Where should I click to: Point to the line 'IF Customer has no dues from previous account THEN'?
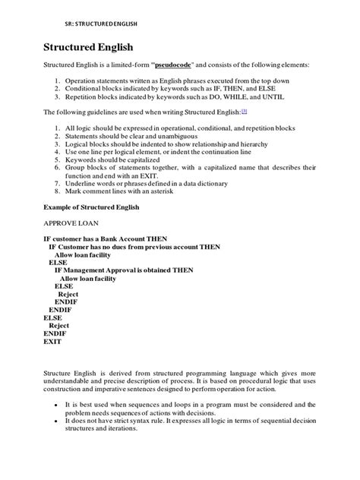pos(134,247)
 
